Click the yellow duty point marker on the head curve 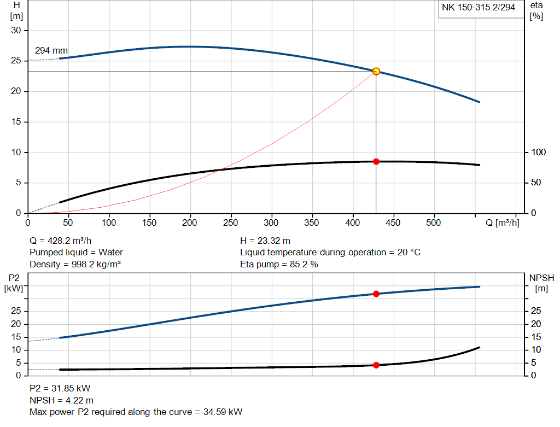click(x=376, y=71)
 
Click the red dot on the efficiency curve click(x=376, y=161)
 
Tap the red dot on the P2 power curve click(x=376, y=294)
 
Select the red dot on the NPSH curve click(x=376, y=365)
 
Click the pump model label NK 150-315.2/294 click(x=479, y=8)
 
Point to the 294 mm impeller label click(x=51, y=51)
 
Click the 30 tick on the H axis click(x=16, y=31)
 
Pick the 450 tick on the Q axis click(x=393, y=223)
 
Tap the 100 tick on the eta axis click(x=538, y=152)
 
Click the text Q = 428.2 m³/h click(x=65, y=241)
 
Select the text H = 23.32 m click(x=265, y=241)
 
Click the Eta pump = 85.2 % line click(x=279, y=264)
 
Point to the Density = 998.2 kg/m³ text click(x=75, y=264)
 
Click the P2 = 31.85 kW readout click(x=60, y=389)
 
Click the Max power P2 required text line click(x=136, y=412)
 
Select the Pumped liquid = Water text click(x=76, y=252)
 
